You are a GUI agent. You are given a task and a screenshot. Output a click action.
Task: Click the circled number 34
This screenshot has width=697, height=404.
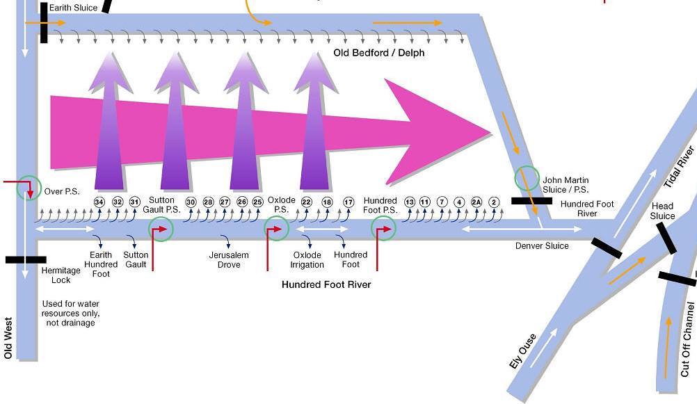click(x=99, y=202)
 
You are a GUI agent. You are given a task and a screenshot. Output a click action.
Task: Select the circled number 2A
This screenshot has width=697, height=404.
click(x=476, y=202)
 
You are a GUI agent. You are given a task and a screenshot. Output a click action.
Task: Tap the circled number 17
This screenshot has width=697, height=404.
click(x=348, y=202)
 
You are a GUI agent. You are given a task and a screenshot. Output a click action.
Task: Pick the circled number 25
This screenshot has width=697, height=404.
click(x=257, y=202)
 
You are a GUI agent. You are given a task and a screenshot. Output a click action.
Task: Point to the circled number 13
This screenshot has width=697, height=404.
click(x=409, y=202)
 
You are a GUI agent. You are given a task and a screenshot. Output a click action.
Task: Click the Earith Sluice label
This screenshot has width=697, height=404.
click(x=73, y=8)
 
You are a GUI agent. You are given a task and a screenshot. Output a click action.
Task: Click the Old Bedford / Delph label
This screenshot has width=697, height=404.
click(x=379, y=53)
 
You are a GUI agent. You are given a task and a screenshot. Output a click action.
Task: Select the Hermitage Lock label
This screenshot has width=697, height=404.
click(x=61, y=275)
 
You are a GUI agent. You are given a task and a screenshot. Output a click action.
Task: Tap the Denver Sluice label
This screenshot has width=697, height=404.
click(x=542, y=245)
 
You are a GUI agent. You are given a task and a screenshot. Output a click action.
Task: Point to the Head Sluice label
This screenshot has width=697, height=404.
click(x=662, y=211)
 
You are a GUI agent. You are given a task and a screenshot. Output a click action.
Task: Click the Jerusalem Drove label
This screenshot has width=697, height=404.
click(x=229, y=259)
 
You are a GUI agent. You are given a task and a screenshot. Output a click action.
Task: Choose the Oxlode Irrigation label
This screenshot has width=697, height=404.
click(x=307, y=259)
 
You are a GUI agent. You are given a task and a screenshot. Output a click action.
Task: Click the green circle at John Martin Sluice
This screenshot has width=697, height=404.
click(x=527, y=178)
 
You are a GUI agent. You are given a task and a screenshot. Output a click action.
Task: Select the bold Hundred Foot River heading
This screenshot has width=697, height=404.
click(x=326, y=284)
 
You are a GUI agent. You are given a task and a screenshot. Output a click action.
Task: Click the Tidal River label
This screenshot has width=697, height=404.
click(x=679, y=167)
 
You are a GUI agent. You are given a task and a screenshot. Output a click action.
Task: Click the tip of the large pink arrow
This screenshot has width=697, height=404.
click(x=491, y=130)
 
